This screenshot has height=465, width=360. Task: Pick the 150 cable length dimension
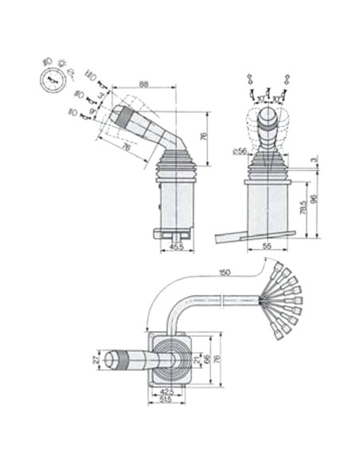tap(224, 272)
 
